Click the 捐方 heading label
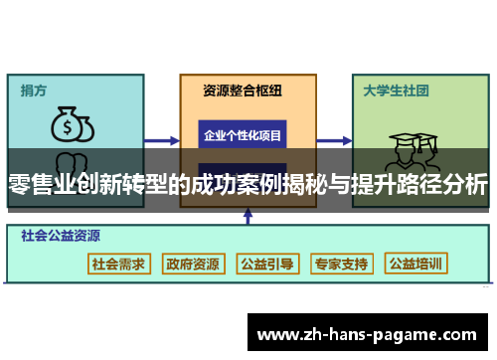click(34, 90)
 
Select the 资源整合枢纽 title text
click(243, 90)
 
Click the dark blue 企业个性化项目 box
click(243, 134)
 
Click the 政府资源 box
click(193, 264)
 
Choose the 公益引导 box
click(266, 264)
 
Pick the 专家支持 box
click(341, 264)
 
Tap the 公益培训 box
click(416, 264)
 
